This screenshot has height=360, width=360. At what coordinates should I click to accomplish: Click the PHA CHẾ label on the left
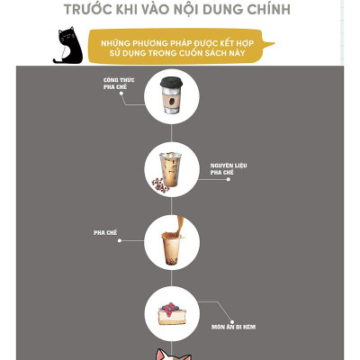click(x=106, y=232)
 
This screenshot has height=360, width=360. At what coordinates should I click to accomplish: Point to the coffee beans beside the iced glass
click(x=159, y=184)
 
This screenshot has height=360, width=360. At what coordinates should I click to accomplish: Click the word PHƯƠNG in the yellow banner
click(x=139, y=40)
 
